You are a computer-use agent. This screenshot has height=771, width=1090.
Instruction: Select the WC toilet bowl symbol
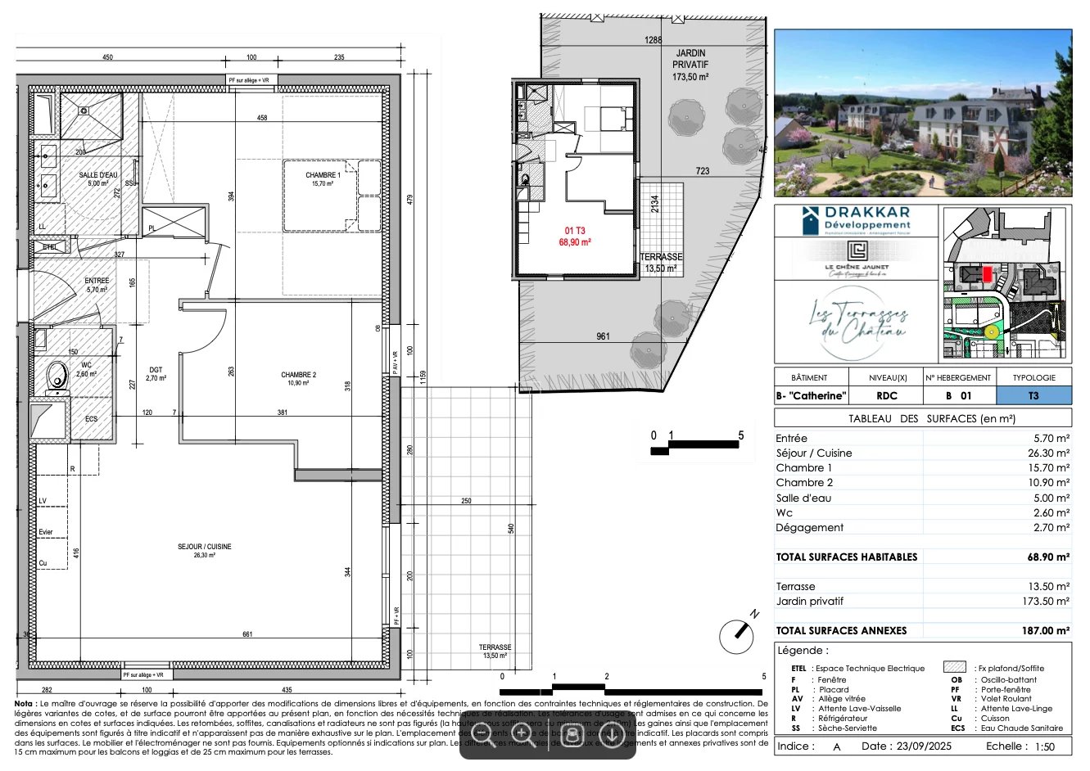point(57,376)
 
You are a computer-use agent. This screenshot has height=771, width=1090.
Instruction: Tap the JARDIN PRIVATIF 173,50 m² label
point(690,65)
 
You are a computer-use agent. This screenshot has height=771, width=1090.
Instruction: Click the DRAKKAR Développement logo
point(857,220)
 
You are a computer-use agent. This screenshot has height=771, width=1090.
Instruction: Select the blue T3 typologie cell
point(1033,395)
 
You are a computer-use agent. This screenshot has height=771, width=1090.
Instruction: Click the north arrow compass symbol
point(736,636)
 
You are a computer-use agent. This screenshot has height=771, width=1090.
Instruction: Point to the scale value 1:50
point(1044,746)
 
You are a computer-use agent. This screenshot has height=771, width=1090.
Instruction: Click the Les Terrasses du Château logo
point(857,321)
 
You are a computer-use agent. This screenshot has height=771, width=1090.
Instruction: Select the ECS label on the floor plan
point(91,419)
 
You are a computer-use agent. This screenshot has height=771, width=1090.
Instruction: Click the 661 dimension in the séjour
point(247,634)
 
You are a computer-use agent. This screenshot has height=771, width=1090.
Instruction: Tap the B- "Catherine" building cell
point(809,395)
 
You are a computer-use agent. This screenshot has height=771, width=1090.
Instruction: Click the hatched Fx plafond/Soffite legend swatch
point(954,668)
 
